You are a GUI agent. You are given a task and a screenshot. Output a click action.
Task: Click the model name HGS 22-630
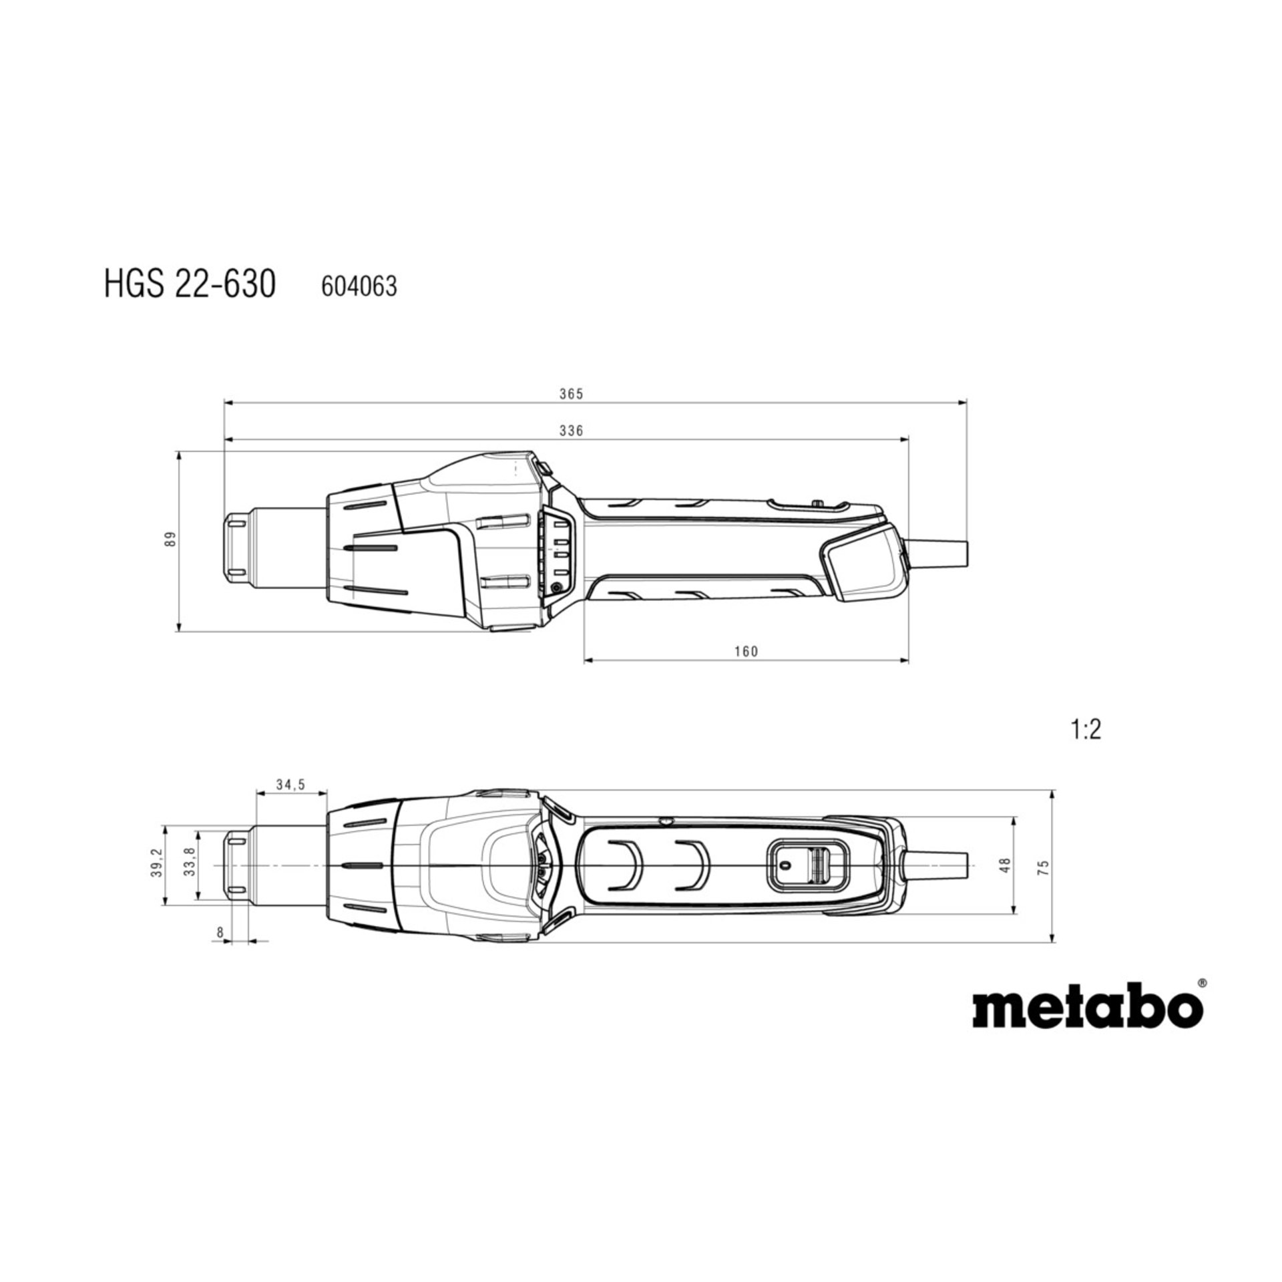click(x=190, y=286)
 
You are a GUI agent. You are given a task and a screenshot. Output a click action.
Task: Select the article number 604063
click(x=359, y=287)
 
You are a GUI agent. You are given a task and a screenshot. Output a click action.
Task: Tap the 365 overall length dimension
click(x=571, y=394)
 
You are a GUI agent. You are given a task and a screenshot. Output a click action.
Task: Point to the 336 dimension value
click(x=571, y=431)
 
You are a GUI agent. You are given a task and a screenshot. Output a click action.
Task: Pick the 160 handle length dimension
click(x=746, y=651)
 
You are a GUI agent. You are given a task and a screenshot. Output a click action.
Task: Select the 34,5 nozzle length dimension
click(x=290, y=785)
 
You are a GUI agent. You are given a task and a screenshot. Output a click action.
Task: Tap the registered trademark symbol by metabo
click(x=1202, y=1002)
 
